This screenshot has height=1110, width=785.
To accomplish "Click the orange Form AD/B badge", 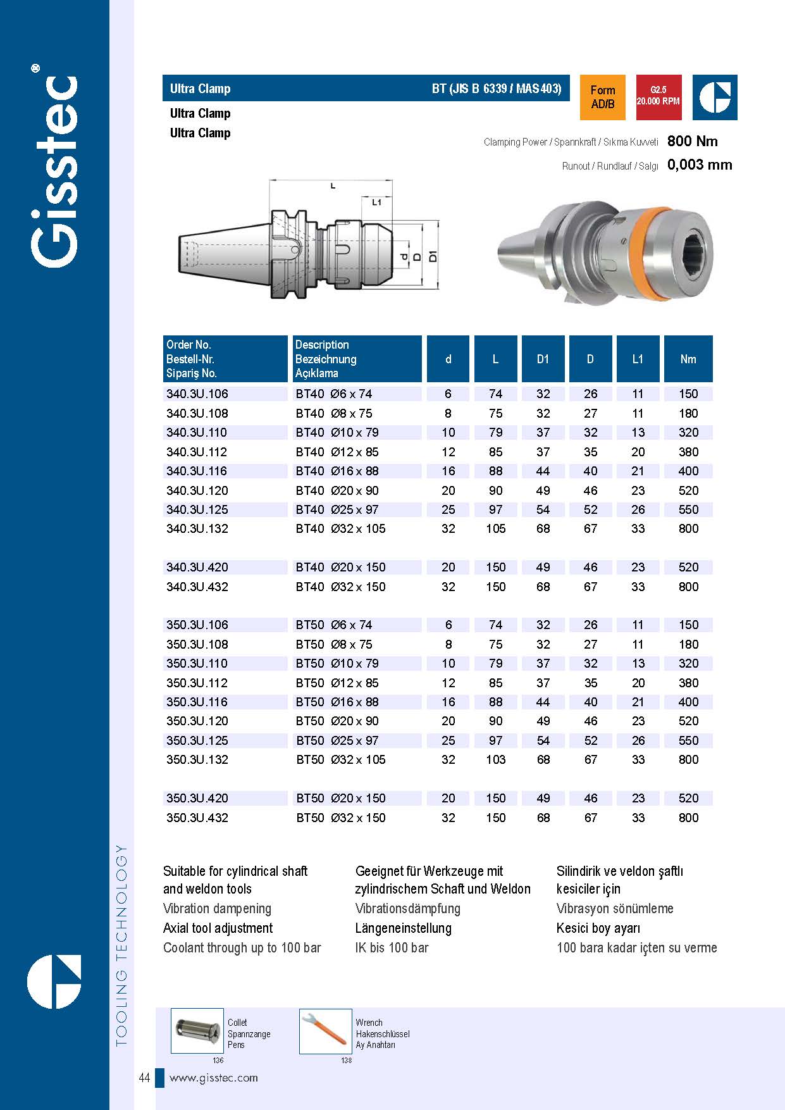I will [602, 97].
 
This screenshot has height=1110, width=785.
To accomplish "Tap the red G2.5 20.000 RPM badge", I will [658, 97].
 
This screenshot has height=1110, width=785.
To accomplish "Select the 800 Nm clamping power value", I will [692, 141].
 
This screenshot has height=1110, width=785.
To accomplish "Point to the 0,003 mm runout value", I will [699, 165].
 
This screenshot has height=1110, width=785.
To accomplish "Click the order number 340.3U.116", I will [197, 471].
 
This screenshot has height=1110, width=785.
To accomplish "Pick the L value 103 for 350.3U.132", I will [495, 759].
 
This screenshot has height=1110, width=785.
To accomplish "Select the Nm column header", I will [688, 359].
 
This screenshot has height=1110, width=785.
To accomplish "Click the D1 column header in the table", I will [543, 359].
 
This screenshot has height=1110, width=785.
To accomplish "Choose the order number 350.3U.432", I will [197, 818].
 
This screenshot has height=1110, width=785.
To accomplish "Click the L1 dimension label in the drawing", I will [377, 203].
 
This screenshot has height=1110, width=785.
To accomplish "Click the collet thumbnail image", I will [197, 1031].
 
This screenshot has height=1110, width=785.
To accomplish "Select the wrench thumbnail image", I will [325, 1031].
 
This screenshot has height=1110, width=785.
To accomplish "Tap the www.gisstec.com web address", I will [214, 1078].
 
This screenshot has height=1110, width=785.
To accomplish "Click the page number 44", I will [144, 1078].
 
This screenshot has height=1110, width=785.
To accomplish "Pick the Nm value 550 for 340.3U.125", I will [688, 509].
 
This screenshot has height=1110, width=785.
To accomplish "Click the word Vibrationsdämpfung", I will [407, 909].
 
